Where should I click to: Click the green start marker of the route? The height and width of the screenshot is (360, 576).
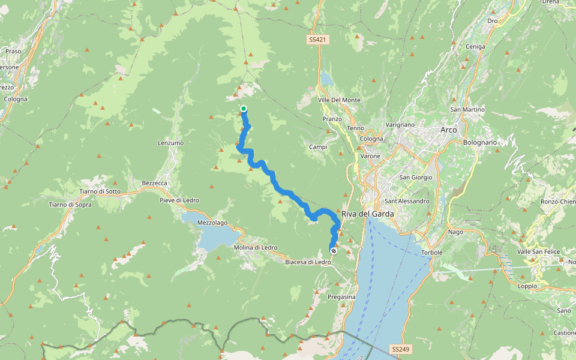click(244, 109)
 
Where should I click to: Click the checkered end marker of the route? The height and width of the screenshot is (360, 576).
click(334, 251)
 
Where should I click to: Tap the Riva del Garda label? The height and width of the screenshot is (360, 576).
click(367, 214)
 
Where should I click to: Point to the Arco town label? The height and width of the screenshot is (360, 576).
click(448, 130)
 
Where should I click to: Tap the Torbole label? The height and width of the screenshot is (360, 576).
click(431, 253)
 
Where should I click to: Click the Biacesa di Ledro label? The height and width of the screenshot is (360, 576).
click(308, 262)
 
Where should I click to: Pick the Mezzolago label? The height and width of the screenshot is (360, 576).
click(212, 223)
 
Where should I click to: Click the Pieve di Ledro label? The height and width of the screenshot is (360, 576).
click(179, 200)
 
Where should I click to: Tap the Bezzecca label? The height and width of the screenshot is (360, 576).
click(154, 183)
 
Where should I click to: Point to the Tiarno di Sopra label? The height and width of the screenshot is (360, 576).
click(70, 205)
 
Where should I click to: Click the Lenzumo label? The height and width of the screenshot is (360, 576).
click(170, 143)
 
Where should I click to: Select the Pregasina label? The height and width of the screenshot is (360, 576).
click(342, 297)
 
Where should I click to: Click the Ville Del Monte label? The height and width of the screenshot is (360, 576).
click(339, 100)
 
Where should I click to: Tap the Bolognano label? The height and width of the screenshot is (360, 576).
click(480, 142)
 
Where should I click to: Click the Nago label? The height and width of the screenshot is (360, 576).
click(457, 232)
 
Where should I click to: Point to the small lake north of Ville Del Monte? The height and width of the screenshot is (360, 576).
click(326, 79)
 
